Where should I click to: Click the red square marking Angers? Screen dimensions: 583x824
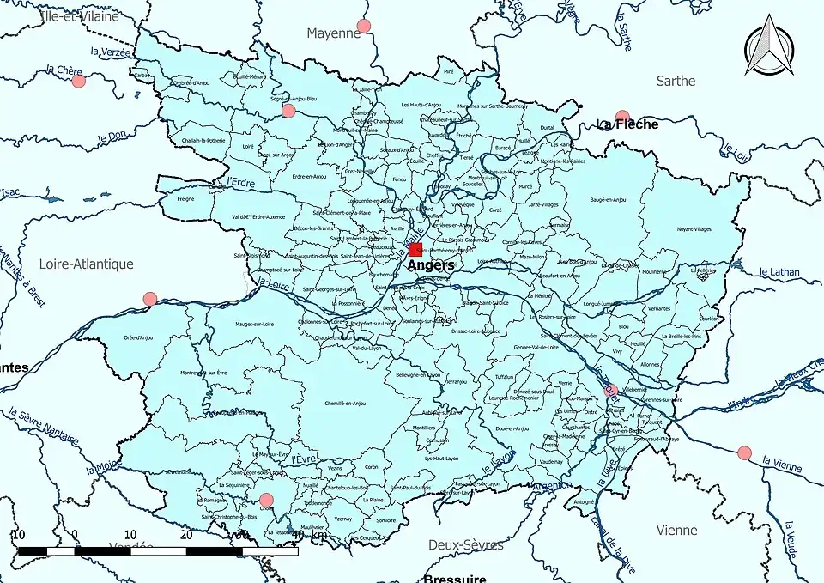[415, 250]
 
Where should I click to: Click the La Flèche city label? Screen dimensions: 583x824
[627, 124]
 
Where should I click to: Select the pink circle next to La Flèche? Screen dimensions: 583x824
[622, 116]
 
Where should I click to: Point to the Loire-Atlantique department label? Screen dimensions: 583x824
[86, 264]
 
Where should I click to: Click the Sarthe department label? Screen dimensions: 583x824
[676, 82]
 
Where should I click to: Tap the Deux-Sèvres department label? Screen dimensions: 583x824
[466, 544]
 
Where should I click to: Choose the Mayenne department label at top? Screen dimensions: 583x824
[334, 33]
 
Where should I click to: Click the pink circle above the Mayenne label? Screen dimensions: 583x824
[364, 26]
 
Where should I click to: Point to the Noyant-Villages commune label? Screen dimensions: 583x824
[694, 229]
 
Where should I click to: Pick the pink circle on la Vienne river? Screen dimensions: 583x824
[744, 452]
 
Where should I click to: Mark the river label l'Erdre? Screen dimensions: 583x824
[242, 183]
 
